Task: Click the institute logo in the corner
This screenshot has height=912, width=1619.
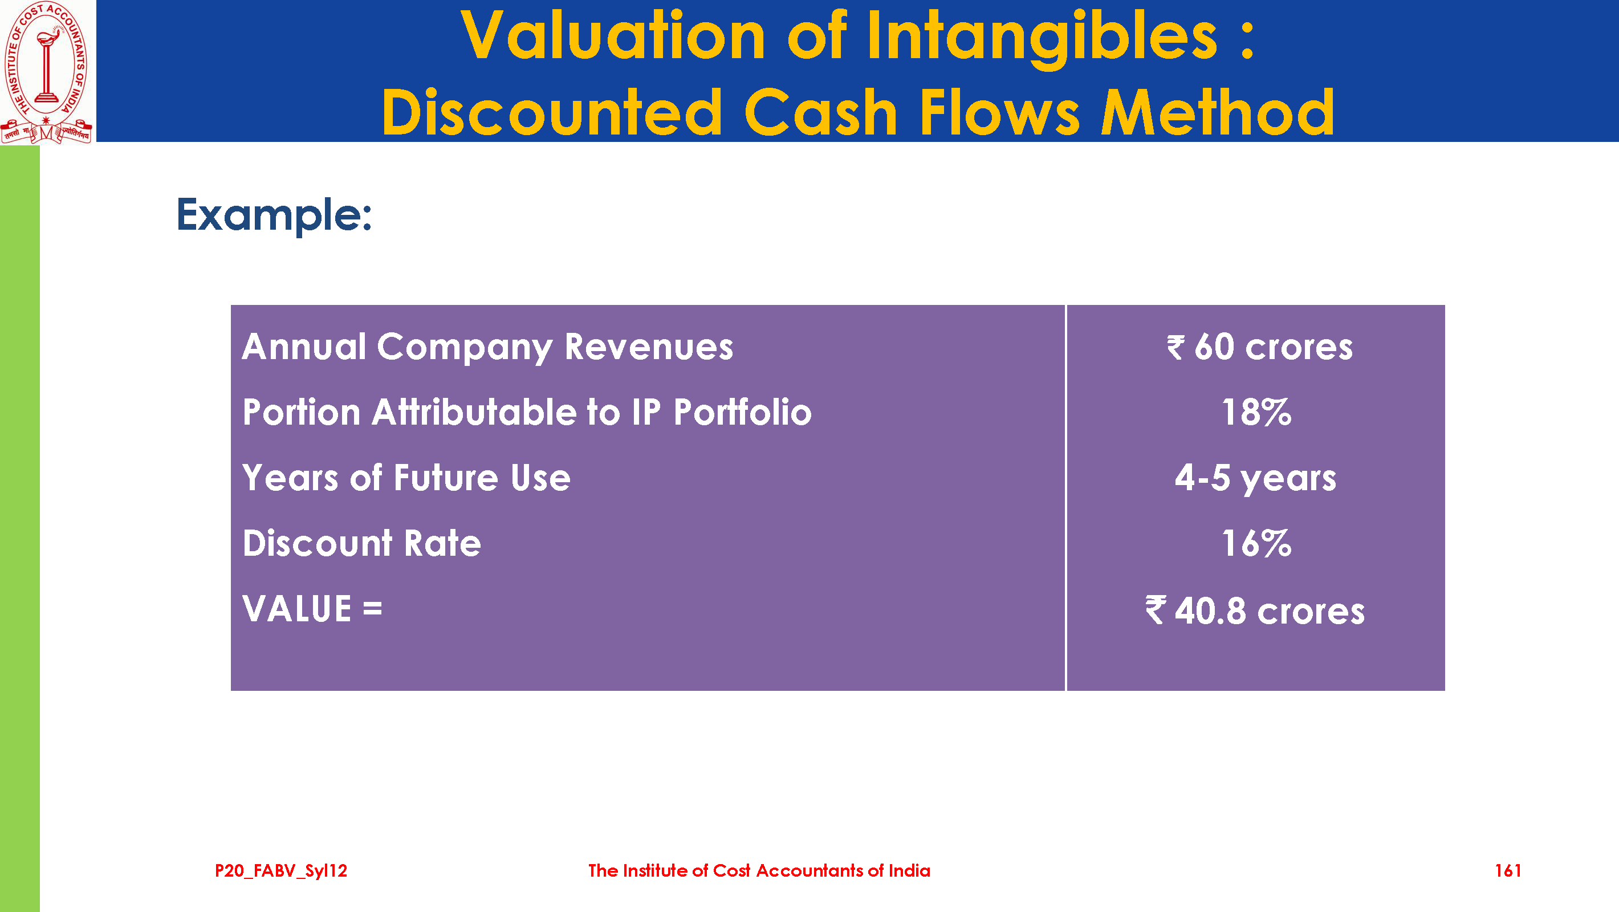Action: click(x=47, y=72)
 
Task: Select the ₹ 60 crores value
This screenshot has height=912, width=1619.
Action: click(x=1259, y=347)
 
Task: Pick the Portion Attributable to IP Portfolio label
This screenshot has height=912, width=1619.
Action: click(x=527, y=412)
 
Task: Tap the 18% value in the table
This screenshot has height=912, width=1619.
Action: click(x=1256, y=412)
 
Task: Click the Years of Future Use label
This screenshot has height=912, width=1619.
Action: click(x=406, y=478)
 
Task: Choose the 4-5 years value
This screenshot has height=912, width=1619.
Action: click(x=1255, y=479)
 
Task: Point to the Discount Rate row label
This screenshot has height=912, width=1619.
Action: click(x=362, y=543)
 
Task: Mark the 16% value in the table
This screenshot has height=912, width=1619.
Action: click(x=1256, y=543)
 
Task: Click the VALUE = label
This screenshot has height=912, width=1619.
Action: click(x=312, y=609)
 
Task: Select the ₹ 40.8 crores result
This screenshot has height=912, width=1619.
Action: click(x=1255, y=611)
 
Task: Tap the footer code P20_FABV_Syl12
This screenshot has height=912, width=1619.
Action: click(x=281, y=871)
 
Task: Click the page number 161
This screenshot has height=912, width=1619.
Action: click(x=1508, y=870)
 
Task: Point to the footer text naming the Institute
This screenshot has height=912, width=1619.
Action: click(x=759, y=870)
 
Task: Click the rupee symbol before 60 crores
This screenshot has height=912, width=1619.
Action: click(x=1176, y=348)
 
